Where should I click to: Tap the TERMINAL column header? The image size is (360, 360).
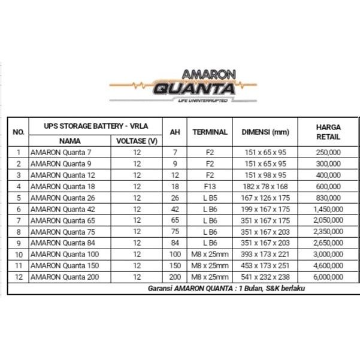210,132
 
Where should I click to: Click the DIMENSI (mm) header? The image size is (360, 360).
266,132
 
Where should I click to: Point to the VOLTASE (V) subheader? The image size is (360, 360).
137,141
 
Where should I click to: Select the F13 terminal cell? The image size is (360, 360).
210,186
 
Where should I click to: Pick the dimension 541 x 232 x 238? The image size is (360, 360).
266,277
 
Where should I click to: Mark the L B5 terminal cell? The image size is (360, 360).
210,198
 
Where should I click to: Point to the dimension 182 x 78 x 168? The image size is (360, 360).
266,186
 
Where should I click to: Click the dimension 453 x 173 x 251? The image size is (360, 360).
266,266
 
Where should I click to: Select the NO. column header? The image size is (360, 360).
19,132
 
